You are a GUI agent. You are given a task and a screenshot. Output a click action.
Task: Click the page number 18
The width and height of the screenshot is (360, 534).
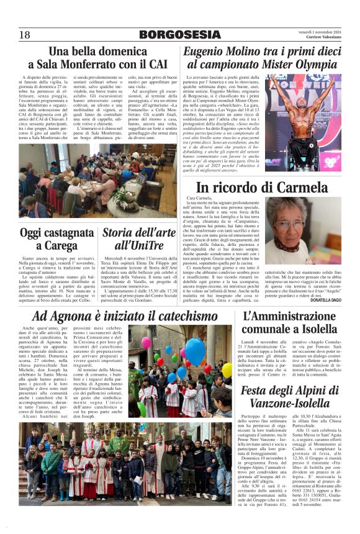25,35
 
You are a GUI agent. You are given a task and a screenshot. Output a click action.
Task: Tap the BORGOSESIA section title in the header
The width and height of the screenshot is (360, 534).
180,35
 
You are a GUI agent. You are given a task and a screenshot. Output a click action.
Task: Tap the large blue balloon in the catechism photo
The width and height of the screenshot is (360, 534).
195,351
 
